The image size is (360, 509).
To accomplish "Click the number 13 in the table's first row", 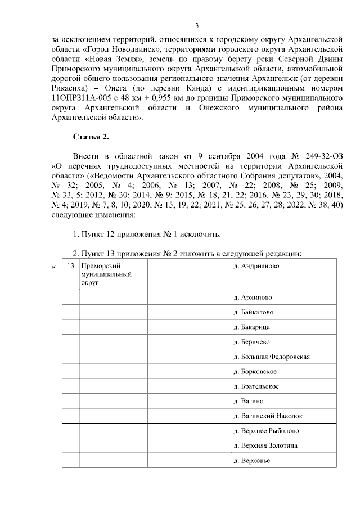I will point(70,265).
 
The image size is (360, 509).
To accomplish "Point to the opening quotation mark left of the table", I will point(54,267).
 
